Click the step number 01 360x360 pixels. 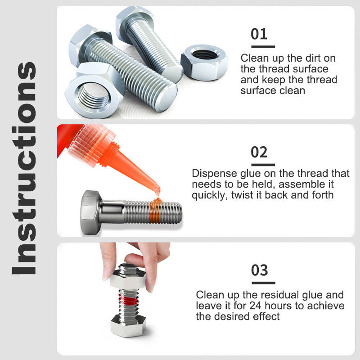click(259, 34)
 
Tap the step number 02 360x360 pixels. click(259, 152)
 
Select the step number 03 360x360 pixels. click(259, 270)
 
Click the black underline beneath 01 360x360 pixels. click(262, 46)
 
